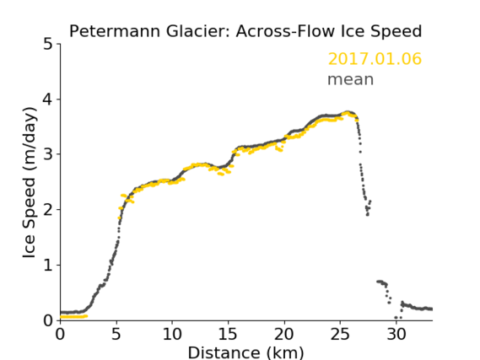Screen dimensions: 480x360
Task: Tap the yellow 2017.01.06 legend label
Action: (375, 59)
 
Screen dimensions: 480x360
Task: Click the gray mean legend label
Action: (351, 79)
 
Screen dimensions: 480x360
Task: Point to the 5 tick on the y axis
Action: (48, 44)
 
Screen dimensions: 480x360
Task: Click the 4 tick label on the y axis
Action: (48, 99)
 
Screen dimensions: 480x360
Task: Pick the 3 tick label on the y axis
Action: (48, 154)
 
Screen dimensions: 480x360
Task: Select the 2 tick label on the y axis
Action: (48, 210)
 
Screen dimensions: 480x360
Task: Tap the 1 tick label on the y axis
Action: (48, 265)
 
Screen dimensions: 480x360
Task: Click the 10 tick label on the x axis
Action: (172, 335)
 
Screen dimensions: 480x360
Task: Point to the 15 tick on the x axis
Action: (228, 335)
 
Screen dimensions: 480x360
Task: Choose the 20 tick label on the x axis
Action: (284, 335)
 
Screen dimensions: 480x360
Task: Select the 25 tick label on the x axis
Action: (340, 335)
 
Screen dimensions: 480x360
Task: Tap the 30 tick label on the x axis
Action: (396, 335)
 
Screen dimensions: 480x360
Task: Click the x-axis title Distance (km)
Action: (245, 352)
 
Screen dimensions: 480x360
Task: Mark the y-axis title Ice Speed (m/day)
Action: (30, 183)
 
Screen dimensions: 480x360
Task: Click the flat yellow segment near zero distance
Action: (73, 316)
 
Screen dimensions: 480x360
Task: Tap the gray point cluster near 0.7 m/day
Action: (382, 282)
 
